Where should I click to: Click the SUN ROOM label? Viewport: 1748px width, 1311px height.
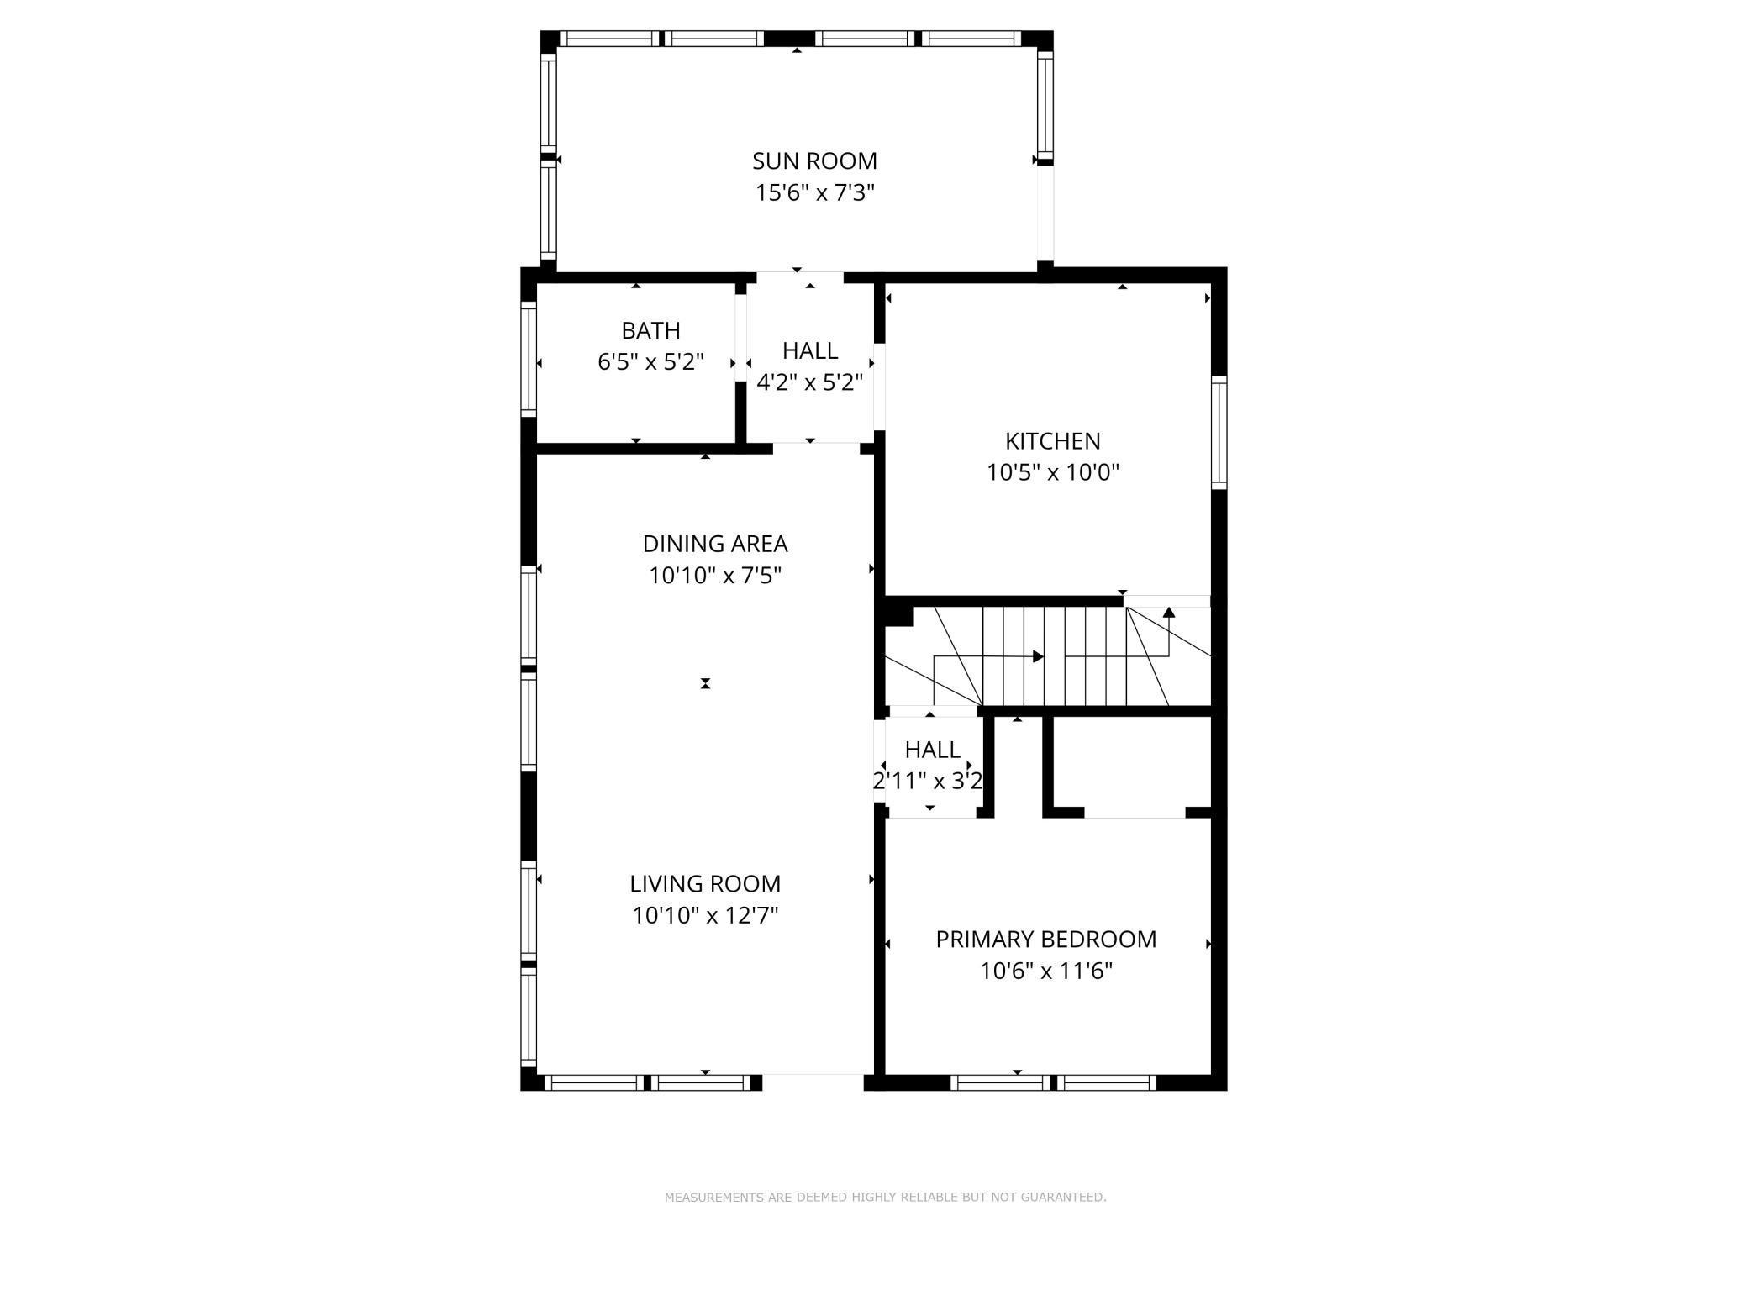814,161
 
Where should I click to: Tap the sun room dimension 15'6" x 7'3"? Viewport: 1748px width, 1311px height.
814,193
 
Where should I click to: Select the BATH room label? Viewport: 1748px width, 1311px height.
650,330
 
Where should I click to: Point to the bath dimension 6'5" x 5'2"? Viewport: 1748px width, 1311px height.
650,362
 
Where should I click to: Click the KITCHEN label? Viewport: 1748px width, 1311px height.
1052,441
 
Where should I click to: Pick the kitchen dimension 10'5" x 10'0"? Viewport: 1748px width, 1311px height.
1052,472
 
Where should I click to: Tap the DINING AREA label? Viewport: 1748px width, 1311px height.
714,544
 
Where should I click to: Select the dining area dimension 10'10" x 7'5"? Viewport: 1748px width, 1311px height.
714,576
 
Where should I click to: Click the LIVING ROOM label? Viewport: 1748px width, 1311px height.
705,883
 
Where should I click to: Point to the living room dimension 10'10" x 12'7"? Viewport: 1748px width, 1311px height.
705,915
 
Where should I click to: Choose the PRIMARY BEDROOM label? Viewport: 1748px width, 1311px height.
1045,939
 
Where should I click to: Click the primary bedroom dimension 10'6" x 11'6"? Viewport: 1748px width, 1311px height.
1045,971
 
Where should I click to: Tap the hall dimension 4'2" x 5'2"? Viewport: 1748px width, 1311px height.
809,383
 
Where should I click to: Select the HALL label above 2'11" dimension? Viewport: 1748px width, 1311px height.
932,749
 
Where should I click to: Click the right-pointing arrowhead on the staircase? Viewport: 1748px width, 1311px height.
1039,656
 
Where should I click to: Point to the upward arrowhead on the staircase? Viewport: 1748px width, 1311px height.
1168,612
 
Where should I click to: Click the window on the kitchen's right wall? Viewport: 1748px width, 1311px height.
1219,433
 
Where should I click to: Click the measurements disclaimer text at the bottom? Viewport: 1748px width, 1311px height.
885,1197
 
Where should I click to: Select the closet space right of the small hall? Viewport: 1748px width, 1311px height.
1131,765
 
